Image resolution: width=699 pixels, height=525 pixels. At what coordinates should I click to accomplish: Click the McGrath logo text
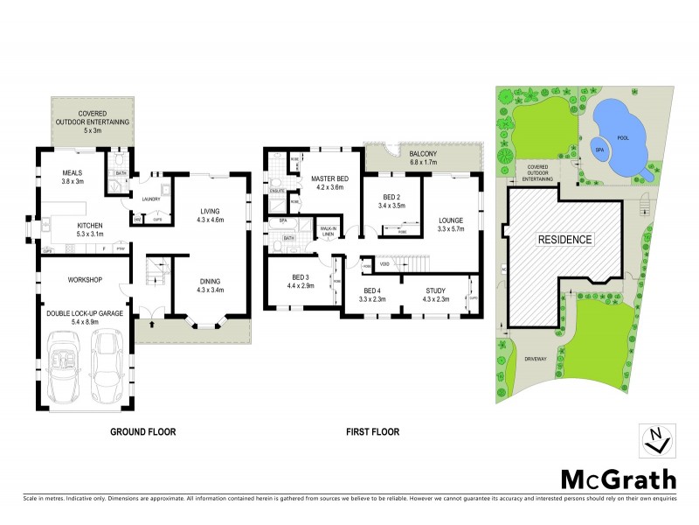point(618,479)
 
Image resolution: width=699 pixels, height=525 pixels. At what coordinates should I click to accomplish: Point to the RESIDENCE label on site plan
point(564,239)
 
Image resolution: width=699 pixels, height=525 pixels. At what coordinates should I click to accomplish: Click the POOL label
point(621,138)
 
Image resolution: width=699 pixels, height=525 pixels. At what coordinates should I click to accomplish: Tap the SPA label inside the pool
point(600,150)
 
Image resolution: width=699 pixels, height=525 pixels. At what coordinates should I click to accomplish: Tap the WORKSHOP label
point(86,280)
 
